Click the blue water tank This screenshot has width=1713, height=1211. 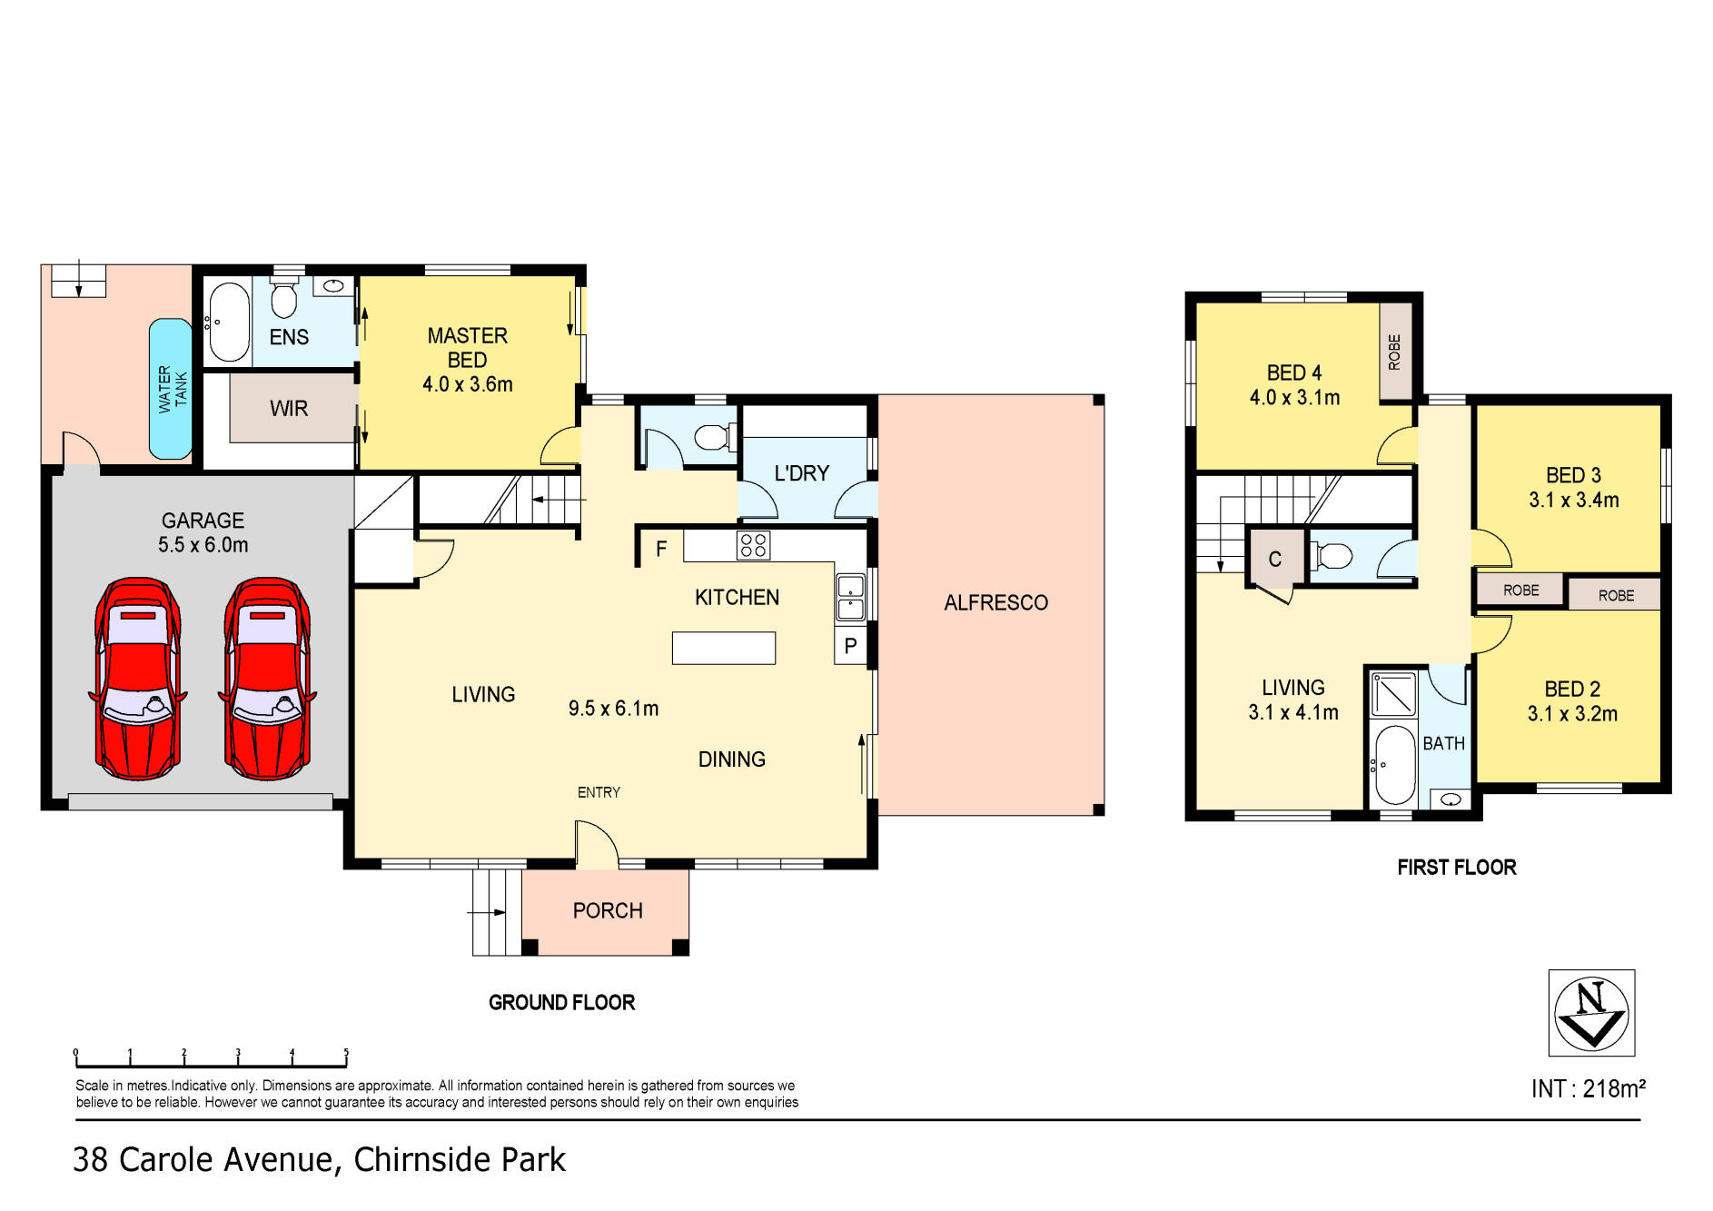tap(171, 389)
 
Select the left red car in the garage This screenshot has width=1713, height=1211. tap(137, 679)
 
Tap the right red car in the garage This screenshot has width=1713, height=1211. tap(267, 679)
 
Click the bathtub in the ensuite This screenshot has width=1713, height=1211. tap(227, 322)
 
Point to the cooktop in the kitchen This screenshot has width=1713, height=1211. tap(754, 545)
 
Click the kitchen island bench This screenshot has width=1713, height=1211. tap(723, 648)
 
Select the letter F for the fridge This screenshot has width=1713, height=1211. tap(661, 549)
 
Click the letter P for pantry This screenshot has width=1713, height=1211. tap(850, 647)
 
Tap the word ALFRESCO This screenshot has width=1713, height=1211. tap(995, 602)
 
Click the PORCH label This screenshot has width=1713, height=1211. tap(608, 910)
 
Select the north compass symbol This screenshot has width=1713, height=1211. tap(1591, 1013)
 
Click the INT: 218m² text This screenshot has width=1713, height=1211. tap(1588, 1088)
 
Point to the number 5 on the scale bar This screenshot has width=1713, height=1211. tap(346, 1053)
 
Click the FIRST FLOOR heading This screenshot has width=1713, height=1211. tap(1456, 868)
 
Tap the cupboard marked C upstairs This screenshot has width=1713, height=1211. tap(1274, 560)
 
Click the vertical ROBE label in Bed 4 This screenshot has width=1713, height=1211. tap(1395, 352)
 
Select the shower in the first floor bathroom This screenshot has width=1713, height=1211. tap(1392, 694)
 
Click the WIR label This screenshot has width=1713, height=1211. tap(289, 409)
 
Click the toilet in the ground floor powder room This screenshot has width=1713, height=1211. tap(714, 438)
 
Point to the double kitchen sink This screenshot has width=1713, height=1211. tap(851, 597)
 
